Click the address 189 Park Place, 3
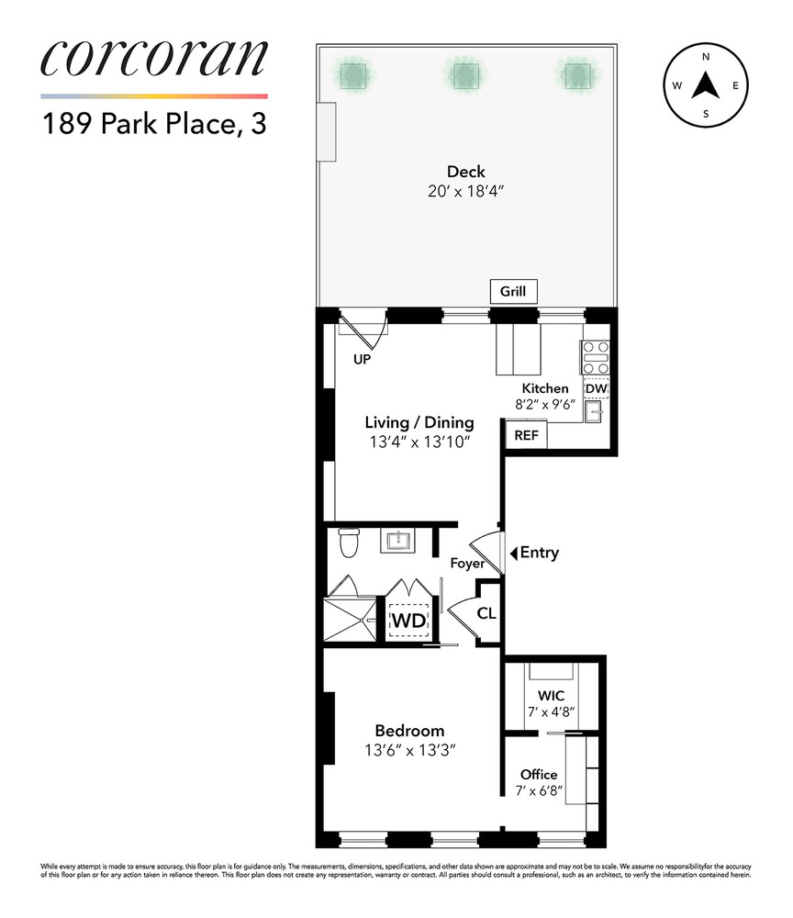click(154, 123)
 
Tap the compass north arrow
click(705, 87)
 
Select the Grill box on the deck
click(513, 292)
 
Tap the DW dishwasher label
click(597, 388)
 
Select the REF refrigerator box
click(526, 435)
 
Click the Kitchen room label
click(545, 388)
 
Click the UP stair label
click(362, 360)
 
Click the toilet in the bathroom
click(348, 543)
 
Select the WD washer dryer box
click(408, 620)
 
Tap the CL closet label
click(486, 612)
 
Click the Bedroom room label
click(409, 731)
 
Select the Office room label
click(539, 774)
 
